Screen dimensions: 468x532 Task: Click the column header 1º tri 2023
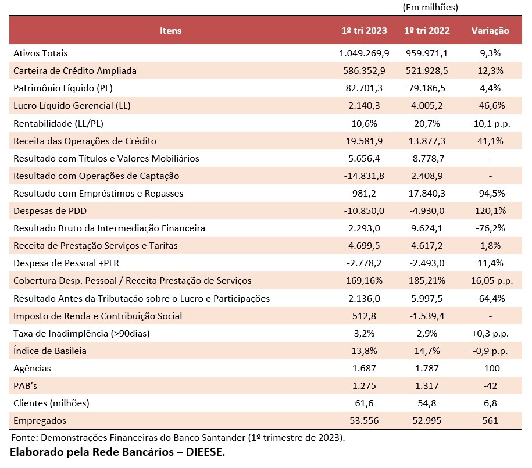point(364,31)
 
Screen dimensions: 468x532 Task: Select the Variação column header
point(490,31)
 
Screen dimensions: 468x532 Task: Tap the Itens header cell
point(170,31)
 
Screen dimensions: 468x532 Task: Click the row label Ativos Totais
point(40,53)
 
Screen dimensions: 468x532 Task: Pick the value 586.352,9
point(364,71)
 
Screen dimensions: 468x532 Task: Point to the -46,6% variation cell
point(490,106)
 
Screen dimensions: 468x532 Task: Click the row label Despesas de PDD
point(49,211)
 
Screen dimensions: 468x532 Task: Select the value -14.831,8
point(364,176)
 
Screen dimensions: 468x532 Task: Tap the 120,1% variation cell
point(490,211)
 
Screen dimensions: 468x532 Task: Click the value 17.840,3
point(426,194)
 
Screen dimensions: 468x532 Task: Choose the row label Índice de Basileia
point(51,351)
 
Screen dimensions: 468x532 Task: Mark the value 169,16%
point(364,281)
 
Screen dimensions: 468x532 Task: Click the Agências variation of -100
point(490,369)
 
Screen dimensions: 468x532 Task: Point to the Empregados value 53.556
point(364,421)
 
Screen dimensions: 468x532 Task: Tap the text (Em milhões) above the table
point(430,8)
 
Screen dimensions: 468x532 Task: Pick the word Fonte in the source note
point(22,437)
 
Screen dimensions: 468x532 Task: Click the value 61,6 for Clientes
point(364,403)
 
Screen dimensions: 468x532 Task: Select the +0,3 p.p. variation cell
point(490,334)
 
